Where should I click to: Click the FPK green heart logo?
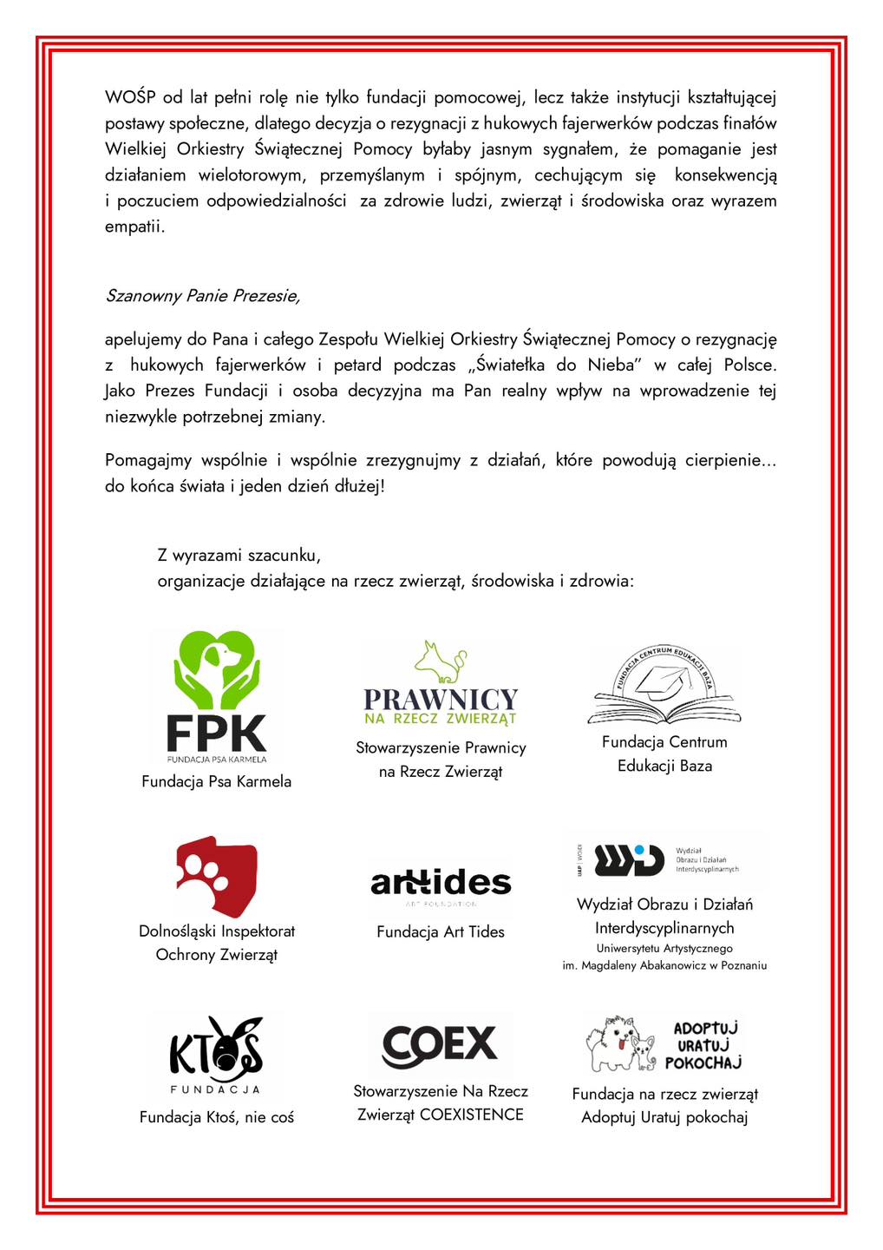point(217,670)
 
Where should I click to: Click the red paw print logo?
point(217,877)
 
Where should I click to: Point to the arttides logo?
point(441,884)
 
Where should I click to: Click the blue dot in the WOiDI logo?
point(639,850)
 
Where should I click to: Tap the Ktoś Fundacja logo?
point(216,1054)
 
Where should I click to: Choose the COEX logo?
point(440,1044)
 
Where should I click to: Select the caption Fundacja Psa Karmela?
point(217,781)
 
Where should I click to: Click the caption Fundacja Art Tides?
point(441,931)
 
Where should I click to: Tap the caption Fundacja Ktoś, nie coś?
point(217,1117)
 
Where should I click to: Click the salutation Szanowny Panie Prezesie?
point(202,296)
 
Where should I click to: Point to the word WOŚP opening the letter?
point(130,97)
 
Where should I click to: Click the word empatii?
point(134,227)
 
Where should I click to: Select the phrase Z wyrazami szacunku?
point(239,555)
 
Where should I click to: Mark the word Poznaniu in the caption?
point(742,965)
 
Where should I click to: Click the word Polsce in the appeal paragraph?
point(749,365)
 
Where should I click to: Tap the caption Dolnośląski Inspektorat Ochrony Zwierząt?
point(217,943)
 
